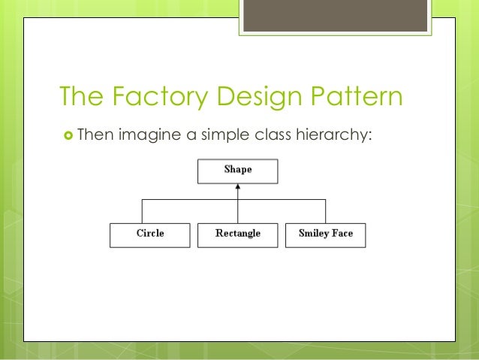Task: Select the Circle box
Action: pyautogui.click(x=150, y=234)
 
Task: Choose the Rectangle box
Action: pyautogui.click(x=237, y=234)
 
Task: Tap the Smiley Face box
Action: pyautogui.click(x=325, y=234)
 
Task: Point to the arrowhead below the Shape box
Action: pyautogui.click(x=238, y=187)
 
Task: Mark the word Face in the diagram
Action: pyautogui.click(x=342, y=234)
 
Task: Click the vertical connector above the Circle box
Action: pyautogui.click(x=143, y=211)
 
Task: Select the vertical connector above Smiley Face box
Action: pyautogui.click(x=325, y=211)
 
